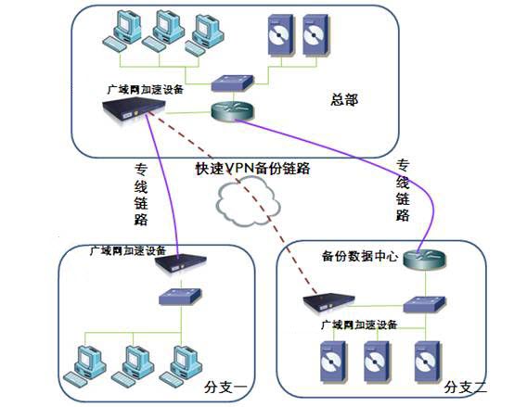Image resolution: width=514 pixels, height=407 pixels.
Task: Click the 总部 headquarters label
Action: point(344,100)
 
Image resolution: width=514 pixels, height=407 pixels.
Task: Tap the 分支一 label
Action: point(225,388)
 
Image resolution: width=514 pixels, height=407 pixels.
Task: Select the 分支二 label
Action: point(466,388)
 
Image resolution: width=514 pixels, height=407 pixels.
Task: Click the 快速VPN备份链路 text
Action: point(252,169)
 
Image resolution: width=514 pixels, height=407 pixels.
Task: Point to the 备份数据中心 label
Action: point(360,256)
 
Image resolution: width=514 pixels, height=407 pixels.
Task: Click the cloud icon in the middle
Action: point(248,201)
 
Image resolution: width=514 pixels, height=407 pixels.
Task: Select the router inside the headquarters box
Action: point(233,110)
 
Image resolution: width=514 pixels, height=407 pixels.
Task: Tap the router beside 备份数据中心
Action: point(425,260)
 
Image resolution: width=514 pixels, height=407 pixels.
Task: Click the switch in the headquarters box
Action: point(232,83)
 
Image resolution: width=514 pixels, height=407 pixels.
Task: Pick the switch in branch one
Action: point(180,297)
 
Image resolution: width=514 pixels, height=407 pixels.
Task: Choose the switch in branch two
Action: point(424,304)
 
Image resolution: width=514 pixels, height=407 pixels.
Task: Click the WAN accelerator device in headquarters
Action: point(134,108)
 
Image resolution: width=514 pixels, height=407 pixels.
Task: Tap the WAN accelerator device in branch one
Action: point(180,262)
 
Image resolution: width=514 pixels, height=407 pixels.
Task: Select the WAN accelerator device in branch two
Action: point(328,303)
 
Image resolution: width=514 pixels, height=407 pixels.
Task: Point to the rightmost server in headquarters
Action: point(316,35)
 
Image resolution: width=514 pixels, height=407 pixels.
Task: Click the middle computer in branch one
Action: point(133,364)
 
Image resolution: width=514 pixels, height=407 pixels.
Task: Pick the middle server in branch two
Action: point(378,362)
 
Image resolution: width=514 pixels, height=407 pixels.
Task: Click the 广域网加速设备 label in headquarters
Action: point(145,89)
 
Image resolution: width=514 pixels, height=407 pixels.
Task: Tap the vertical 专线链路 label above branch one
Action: point(141,195)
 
